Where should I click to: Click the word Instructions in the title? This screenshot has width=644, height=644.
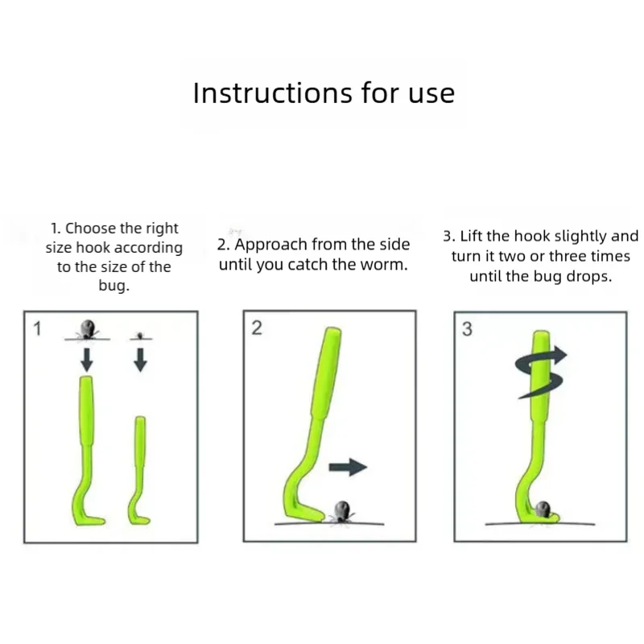(273, 93)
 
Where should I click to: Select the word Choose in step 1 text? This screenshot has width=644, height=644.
(90, 228)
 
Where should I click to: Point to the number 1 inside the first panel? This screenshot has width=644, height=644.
(37, 328)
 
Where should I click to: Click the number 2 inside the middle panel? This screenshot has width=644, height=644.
(257, 328)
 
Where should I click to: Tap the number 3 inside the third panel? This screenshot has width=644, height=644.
(467, 329)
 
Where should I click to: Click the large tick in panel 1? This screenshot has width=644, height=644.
(87, 329)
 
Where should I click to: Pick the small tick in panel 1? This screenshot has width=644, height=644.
(140, 336)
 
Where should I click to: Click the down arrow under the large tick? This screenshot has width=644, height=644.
(87, 359)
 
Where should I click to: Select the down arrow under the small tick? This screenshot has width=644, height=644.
(140, 360)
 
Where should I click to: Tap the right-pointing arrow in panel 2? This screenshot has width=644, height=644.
(348, 467)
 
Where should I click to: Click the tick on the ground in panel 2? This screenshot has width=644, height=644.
(341, 512)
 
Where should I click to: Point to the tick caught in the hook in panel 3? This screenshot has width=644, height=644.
(543, 510)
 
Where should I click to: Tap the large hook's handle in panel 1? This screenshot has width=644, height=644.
(86, 411)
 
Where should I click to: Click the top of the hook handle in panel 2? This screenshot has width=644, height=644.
(333, 329)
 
